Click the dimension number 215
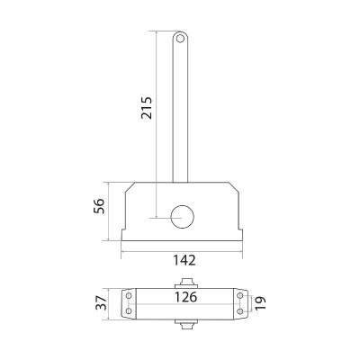tap(147, 108)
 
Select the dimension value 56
tap(99, 206)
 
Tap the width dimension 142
tap(184, 260)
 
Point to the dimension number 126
tap(186, 297)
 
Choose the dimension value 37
tap(101, 302)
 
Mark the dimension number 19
tap(260, 303)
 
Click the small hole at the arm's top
tap(180, 39)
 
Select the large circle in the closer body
tap(182, 217)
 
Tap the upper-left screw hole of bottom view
tap(129, 296)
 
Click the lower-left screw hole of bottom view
tap(129, 311)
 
